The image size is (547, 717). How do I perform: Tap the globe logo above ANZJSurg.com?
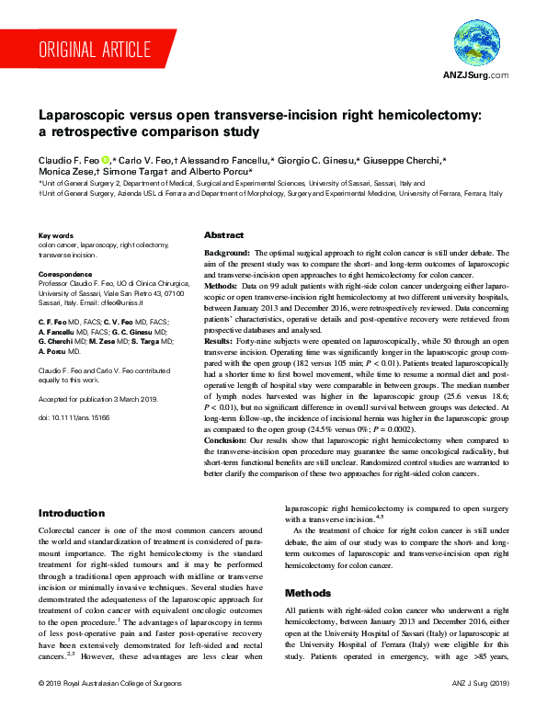pos(476,44)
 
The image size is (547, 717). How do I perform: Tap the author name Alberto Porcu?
pos(222,172)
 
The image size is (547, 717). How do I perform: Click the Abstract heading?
pos(223,235)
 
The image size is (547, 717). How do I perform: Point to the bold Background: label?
pos(227,252)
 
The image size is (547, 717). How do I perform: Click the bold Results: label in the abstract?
pos(221,340)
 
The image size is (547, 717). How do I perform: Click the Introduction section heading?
pos(71,513)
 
